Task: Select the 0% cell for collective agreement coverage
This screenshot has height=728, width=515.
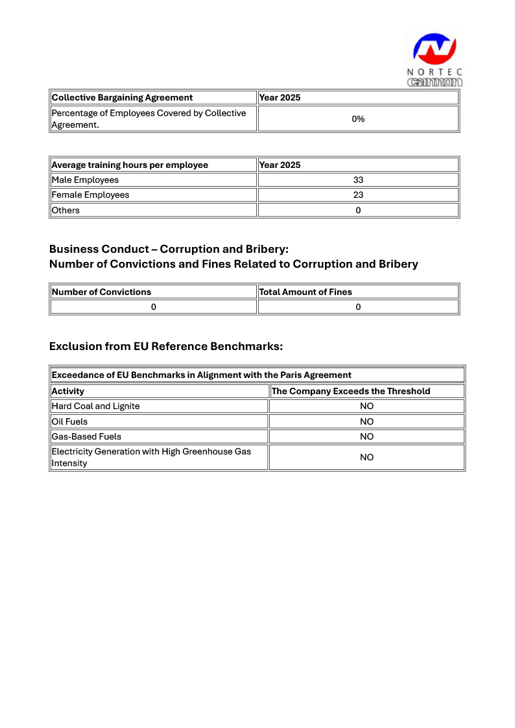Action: point(358,119)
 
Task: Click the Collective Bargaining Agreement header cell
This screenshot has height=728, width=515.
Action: point(122,98)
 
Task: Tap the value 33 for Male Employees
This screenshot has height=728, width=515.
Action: point(358,180)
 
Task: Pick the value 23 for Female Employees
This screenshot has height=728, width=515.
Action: point(358,195)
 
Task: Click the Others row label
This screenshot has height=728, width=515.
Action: point(66,210)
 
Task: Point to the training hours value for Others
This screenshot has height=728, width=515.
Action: point(358,210)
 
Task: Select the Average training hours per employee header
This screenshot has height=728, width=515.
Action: point(130,165)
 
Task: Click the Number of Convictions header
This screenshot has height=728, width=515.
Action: point(101,292)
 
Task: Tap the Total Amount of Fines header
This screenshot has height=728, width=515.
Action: point(305,292)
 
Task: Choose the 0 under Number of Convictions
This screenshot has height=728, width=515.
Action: point(154,307)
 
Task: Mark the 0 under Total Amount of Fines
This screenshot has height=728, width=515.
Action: point(358,307)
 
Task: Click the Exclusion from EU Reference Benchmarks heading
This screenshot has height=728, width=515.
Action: point(166,346)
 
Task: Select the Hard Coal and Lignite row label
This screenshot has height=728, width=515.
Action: point(95,406)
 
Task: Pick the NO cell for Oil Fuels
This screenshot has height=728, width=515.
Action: point(366,421)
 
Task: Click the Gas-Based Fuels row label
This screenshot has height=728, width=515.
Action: point(86,437)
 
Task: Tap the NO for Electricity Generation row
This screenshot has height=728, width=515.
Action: point(366,457)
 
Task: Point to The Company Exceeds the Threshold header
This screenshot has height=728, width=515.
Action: point(351,392)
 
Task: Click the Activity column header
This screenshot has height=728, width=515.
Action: point(68,392)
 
